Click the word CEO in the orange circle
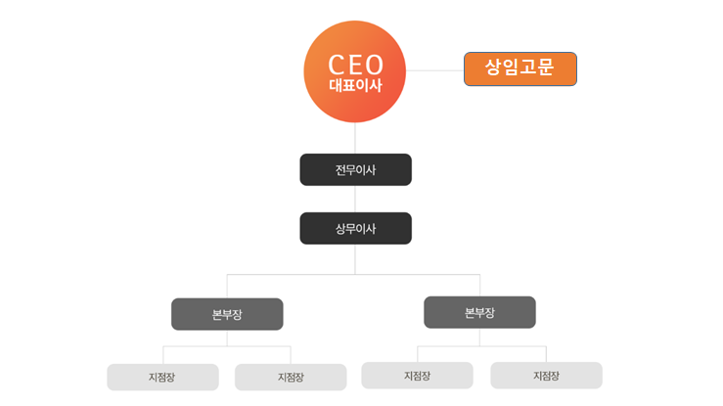pyautogui.click(x=355, y=65)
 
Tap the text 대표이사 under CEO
pyautogui.click(x=355, y=86)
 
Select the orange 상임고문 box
pyautogui.click(x=520, y=68)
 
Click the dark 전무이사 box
pyautogui.click(x=355, y=169)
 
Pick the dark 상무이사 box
pyautogui.click(x=355, y=228)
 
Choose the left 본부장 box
pyautogui.click(x=227, y=314)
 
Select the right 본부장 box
pyautogui.click(x=479, y=312)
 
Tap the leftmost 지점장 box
pyautogui.click(x=162, y=377)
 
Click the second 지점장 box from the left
pyautogui.click(x=291, y=377)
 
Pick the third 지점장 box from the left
pyautogui.click(x=417, y=375)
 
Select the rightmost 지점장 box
pyautogui.click(x=546, y=375)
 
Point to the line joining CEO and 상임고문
pyautogui.click(x=434, y=69)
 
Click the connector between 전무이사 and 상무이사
pyautogui.click(x=355, y=199)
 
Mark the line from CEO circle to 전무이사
pyautogui.click(x=355, y=138)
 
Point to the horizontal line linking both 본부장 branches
pyautogui.click(x=294, y=275)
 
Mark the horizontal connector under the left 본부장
pyautogui.click(x=227, y=346)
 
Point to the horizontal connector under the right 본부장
pyautogui.click(x=481, y=345)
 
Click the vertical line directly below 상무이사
pyautogui.click(x=355, y=259)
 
